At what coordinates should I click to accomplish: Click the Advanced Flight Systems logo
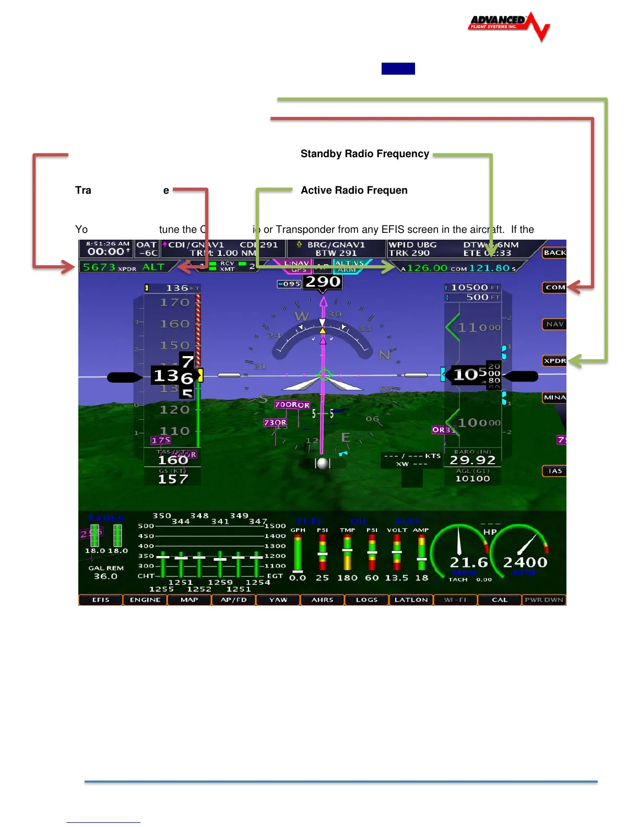click(x=508, y=25)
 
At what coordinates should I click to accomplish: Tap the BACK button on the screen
click(x=554, y=253)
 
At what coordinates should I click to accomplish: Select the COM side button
click(x=554, y=287)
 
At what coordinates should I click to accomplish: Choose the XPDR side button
click(x=554, y=361)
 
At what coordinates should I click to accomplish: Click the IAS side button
click(x=554, y=471)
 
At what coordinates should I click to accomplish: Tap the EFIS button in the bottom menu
click(x=101, y=600)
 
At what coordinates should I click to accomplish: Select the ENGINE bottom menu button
click(x=145, y=600)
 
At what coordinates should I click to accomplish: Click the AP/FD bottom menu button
click(x=233, y=600)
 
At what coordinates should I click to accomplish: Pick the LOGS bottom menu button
click(x=366, y=600)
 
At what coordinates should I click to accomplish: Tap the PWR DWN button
click(x=544, y=600)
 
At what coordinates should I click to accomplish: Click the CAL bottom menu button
click(x=500, y=600)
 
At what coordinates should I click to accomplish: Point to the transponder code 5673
click(x=99, y=267)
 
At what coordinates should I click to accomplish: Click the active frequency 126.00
click(x=427, y=268)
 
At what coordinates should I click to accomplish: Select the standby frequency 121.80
click(x=489, y=268)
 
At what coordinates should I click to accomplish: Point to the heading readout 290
click(x=323, y=282)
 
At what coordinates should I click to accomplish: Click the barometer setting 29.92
click(x=472, y=460)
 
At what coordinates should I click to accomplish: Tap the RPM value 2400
click(x=525, y=562)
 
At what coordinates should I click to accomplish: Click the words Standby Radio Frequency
click(x=364, y=154)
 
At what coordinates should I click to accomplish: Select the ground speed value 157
click(x=173, y=479)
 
